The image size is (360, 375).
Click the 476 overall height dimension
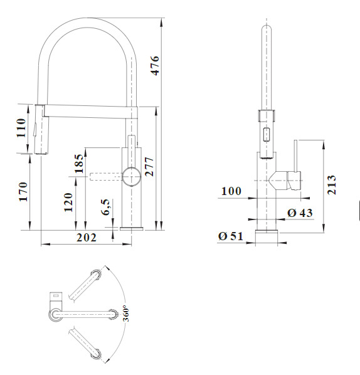click(155, 65)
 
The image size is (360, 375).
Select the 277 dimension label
click(149, 167)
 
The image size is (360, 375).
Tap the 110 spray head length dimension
click(21, 128)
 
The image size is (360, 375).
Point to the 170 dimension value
click(23, 192)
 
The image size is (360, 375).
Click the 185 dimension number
click(79, 164)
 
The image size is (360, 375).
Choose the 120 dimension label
click(68, 203)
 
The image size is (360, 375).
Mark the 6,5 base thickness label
click(106, 207)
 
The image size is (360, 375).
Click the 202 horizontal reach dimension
click(87, 238)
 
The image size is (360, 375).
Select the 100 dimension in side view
click(231, 191)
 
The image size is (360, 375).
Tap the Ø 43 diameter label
click(300, 213)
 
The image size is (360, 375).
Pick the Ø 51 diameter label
click(231, 236)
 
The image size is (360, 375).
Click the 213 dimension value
click(332, 184)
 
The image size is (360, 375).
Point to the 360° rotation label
click(126, 314)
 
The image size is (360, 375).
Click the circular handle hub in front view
click(131, 176)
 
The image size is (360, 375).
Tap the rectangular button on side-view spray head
click(267, 135)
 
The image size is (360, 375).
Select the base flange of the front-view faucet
click(132, 229)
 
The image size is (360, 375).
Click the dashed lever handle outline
click(106, 176)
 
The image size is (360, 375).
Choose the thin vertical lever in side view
click(295, 156)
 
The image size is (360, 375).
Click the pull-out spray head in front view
click(41, 129)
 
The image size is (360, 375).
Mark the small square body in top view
click(56, 297)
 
